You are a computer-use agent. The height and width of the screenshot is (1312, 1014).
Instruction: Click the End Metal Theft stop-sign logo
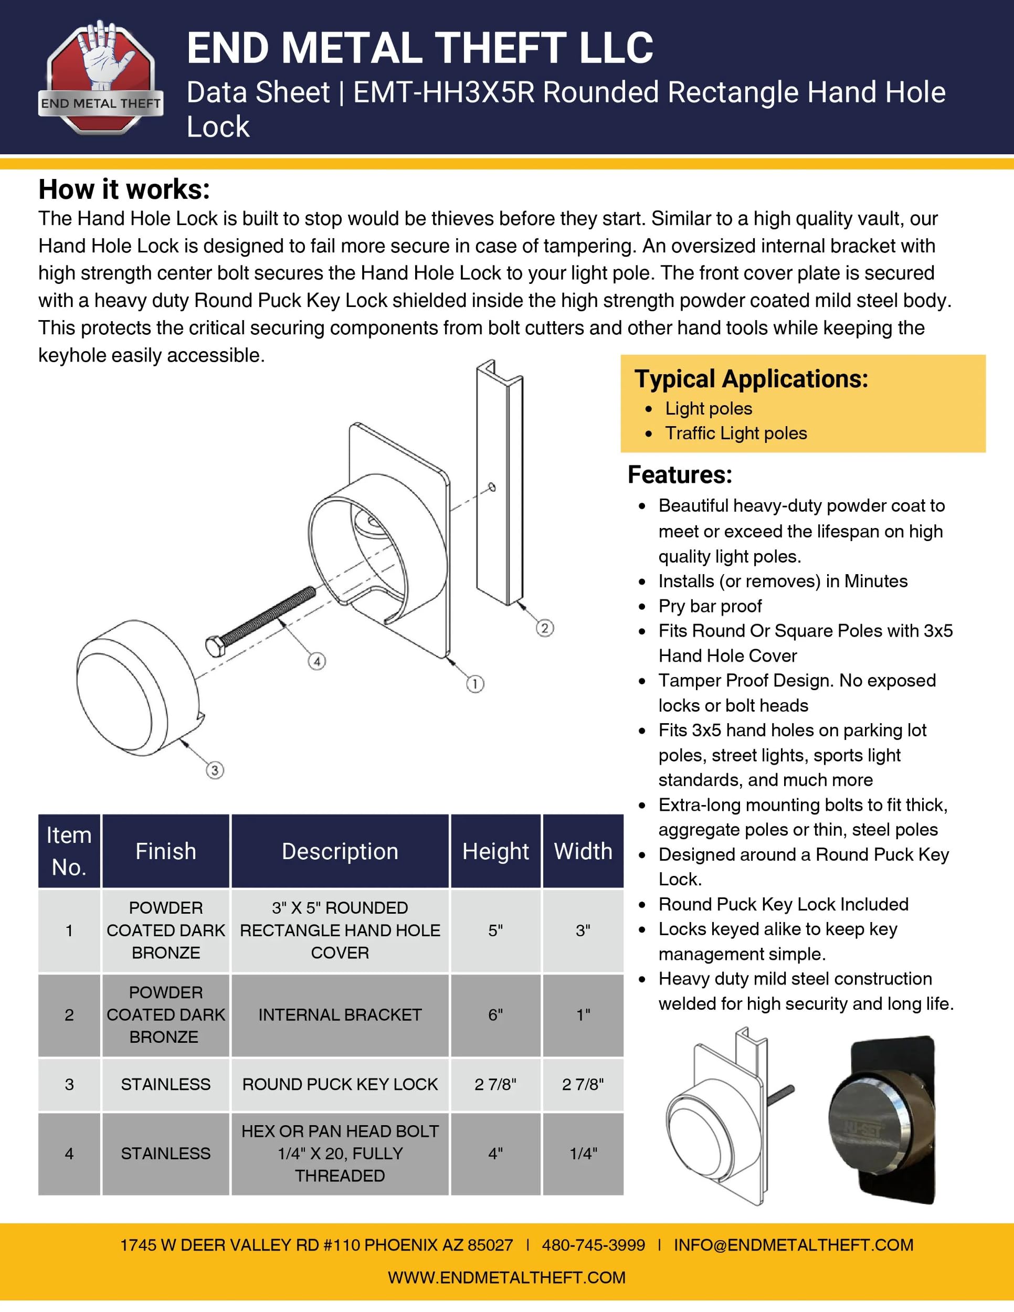point(101,77)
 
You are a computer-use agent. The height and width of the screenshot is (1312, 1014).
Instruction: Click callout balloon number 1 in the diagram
point(475,684)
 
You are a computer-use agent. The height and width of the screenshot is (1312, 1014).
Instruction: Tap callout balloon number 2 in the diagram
point(545,628)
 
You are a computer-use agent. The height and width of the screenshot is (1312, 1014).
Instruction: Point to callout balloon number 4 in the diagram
point(317,661)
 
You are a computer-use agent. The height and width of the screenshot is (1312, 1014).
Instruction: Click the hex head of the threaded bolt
point(215,647)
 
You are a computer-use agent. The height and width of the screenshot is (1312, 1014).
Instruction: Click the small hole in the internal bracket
point(492,486)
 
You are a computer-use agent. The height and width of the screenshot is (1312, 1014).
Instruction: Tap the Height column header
point(495,851)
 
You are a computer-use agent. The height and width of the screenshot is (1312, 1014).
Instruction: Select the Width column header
point(583,851)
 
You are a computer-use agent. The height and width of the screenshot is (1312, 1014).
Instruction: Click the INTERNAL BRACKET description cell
point(340,1014)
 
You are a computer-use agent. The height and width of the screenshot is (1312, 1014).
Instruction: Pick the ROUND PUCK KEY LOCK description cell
point(340,1084)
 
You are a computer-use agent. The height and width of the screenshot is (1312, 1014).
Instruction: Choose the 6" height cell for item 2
point(495,1014)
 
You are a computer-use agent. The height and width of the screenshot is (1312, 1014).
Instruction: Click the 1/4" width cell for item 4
point(583,1154)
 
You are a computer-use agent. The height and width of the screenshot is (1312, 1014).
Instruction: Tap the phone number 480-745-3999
point(594,1245)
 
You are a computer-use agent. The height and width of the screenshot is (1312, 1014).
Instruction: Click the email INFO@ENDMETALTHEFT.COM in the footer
point(794,1245)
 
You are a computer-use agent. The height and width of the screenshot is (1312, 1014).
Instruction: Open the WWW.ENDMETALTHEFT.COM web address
point(506,1277)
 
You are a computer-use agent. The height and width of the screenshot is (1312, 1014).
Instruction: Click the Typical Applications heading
point(751,379)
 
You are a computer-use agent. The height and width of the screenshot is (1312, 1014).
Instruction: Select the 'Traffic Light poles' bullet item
point(736,433)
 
